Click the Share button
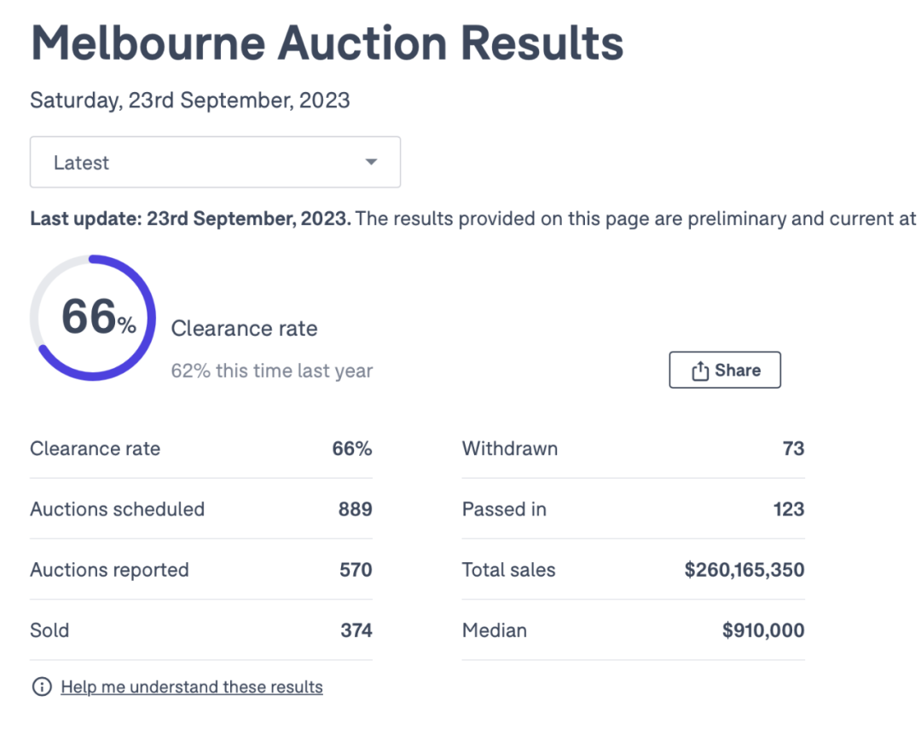(x=725, y=370)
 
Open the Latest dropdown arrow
(x=371, y=162)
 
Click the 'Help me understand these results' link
(x=192, y=687)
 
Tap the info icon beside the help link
(x=41, y=687)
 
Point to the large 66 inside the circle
(x=88, y=317)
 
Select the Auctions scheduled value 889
(x=356, y=509)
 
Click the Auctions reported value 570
(x=356, y=570)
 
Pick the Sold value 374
(x=356, y=630)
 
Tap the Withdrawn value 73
(x=793, y=448)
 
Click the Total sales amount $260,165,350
(x=744, y=570)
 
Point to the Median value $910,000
(x=763, y=630)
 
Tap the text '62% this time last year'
(x=272, y=371)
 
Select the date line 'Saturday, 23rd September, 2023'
(x=190, y=101)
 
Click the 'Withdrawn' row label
(x=510, y=448)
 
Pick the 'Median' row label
(x=495, y=630)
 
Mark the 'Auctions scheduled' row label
(x=118, y=509)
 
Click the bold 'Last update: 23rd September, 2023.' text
(x=190, y=218)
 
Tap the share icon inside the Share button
(x=700, y=371)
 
